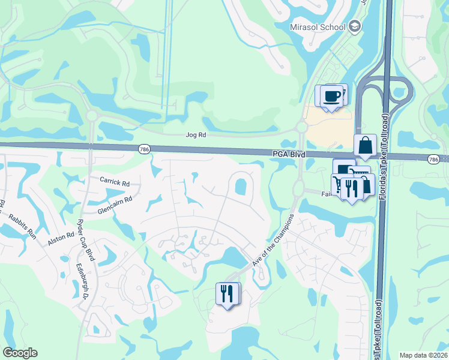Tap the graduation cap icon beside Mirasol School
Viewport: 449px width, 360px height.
pos(355,26)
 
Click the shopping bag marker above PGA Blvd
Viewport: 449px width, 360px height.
pos(365,145)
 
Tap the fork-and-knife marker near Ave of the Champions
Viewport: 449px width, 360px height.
pos(227,294)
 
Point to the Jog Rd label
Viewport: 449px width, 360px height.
pos(193,136)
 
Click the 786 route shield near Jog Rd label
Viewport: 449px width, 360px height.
pos(145,149)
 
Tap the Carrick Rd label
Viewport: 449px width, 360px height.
pos(115,182)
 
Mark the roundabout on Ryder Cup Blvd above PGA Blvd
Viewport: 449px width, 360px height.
pos(92,115)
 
